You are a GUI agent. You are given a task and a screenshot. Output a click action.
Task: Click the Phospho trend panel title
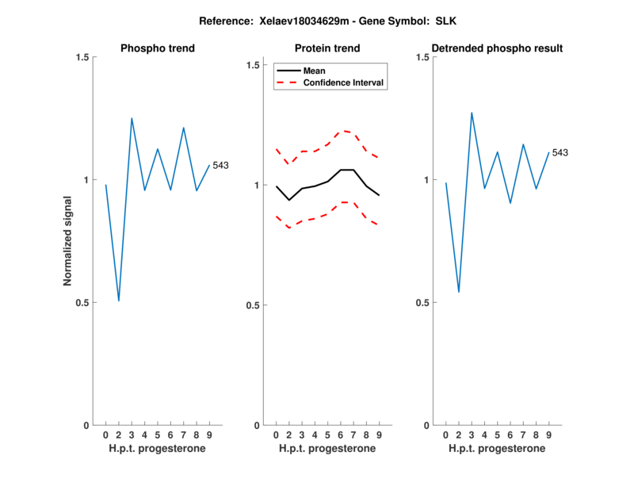[x=157, y=48]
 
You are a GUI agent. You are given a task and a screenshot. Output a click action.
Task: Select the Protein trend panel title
[x=327, y=48]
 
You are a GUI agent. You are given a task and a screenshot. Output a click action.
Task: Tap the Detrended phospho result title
[x=497, y=48]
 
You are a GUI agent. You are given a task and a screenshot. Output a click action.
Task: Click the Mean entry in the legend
[x=315, y=71]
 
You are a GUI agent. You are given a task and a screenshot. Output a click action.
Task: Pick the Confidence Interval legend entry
[x=344, y=82]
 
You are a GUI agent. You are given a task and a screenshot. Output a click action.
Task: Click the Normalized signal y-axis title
[x=67, y=241]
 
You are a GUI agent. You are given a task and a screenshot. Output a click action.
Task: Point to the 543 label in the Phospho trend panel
[x=220, y=165]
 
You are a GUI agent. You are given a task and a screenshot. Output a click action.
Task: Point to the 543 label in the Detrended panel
[x=560, y=152]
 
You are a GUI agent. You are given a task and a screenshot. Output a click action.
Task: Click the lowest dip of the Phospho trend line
[x=119, y=301]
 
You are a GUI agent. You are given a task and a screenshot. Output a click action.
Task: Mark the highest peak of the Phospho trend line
[x=132, y=118]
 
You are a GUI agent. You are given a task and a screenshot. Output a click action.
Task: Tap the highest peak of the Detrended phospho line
[x=472, y=113]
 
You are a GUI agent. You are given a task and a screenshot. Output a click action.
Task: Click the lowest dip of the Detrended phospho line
[x=459, y=292]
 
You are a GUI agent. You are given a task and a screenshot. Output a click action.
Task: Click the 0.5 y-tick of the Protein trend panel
[x=253, y=305]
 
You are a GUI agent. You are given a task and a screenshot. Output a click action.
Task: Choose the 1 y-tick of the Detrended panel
[x=426, y=180]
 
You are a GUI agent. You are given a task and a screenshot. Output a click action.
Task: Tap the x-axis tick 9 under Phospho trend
[x=209, y=435]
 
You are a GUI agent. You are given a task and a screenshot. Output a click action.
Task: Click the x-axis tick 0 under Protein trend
[x=276, y=435]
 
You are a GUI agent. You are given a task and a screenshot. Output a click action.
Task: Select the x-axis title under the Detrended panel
[x=497, y=449]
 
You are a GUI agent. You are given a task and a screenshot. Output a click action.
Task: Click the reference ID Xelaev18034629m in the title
[x=304, y=23]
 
